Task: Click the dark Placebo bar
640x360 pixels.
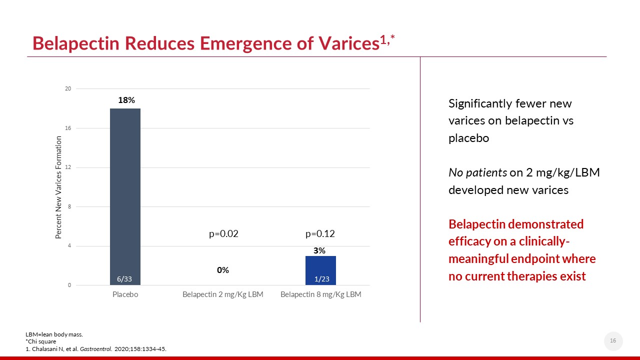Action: point(125,195)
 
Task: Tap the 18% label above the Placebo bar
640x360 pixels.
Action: point(126,100)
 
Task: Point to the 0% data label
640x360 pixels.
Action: point(223,270)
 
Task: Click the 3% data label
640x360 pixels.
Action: point(319,250)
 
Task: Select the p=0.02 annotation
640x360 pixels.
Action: point(223,233)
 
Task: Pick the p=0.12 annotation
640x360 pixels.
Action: point(320,233)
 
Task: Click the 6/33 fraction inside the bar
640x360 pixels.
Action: point(124,279)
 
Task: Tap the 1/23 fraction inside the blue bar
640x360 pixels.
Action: point(321,279)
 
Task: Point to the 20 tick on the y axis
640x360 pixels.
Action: point(67,89)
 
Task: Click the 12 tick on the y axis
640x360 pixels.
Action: point(67,167)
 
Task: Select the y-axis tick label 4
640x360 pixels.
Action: point(69,246)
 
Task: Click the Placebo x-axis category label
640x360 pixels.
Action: point(125,294)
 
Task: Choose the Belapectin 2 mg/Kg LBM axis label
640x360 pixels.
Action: point(222,294)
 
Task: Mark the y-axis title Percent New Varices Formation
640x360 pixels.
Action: point(58,187)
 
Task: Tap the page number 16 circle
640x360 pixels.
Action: point(613,341)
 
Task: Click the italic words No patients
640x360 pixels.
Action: point(477,172)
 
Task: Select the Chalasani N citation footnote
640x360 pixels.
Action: point(96,349)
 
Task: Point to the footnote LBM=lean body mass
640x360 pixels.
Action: point(54,333)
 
